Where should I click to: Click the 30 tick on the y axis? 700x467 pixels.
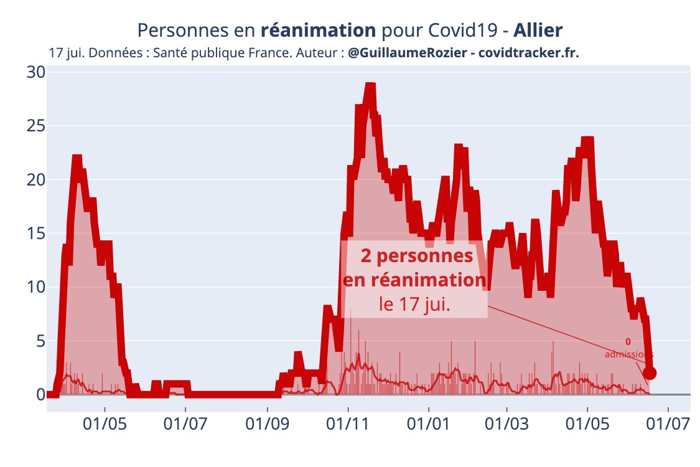[x=35, y=72]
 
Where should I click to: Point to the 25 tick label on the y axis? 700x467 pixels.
[x=35, y=126]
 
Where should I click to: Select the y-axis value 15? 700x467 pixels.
[x=35, y=233]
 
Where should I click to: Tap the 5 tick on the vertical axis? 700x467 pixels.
[x=40, y=341]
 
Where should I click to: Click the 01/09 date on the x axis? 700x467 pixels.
[x=267, y=425]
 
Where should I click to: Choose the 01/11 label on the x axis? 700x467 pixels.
[x=348, y=425]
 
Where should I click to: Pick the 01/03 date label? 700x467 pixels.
[x=507, y=425]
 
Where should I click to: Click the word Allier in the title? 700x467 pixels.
[x=538, y=30]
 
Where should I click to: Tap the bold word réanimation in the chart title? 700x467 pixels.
[x=318, y=30]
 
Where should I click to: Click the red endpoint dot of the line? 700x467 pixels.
[x=650, y=373]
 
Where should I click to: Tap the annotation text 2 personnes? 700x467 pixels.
[x=415, y=256]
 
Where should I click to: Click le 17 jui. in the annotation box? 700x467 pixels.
[x=415, y=305]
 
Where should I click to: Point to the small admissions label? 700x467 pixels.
[x=628, y=354]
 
